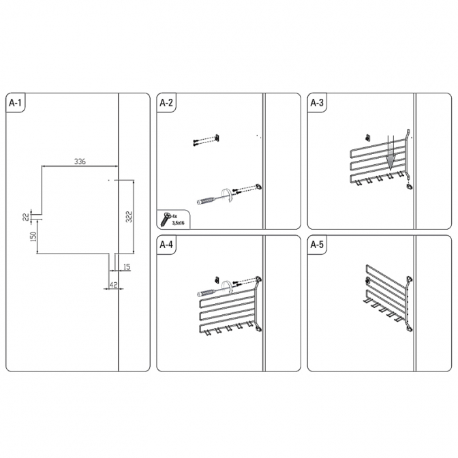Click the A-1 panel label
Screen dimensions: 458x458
15,102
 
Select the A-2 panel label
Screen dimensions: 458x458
166,102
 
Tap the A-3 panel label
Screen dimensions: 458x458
317,102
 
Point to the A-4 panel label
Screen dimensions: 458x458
166,245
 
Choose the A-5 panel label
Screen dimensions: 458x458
317,245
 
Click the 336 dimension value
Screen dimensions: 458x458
80,162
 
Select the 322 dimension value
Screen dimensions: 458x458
129,217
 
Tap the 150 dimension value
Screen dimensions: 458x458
33,236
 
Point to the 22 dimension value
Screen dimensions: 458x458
27,217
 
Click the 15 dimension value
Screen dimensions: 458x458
127,266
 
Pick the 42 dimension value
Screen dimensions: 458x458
113,284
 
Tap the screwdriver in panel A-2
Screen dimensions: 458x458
213,200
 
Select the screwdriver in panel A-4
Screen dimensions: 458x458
213,292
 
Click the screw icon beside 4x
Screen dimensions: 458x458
166,219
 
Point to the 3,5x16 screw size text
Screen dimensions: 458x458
179,223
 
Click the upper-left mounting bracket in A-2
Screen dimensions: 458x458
217,138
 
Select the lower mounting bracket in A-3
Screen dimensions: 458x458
410,186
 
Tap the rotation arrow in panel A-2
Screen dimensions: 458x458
226,195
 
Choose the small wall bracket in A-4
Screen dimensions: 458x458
217,280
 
